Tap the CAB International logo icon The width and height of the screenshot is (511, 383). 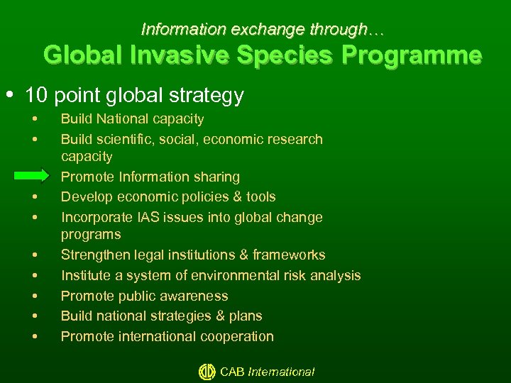pyautogui.click(x=207, y=372)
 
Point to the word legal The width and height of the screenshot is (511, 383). pyautogui.click(x=148, y=255)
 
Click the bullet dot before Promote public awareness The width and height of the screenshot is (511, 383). pyautogui.click(x=34, y=296)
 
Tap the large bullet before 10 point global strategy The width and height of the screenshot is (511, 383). pyautogui.click(x=15, y=94)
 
